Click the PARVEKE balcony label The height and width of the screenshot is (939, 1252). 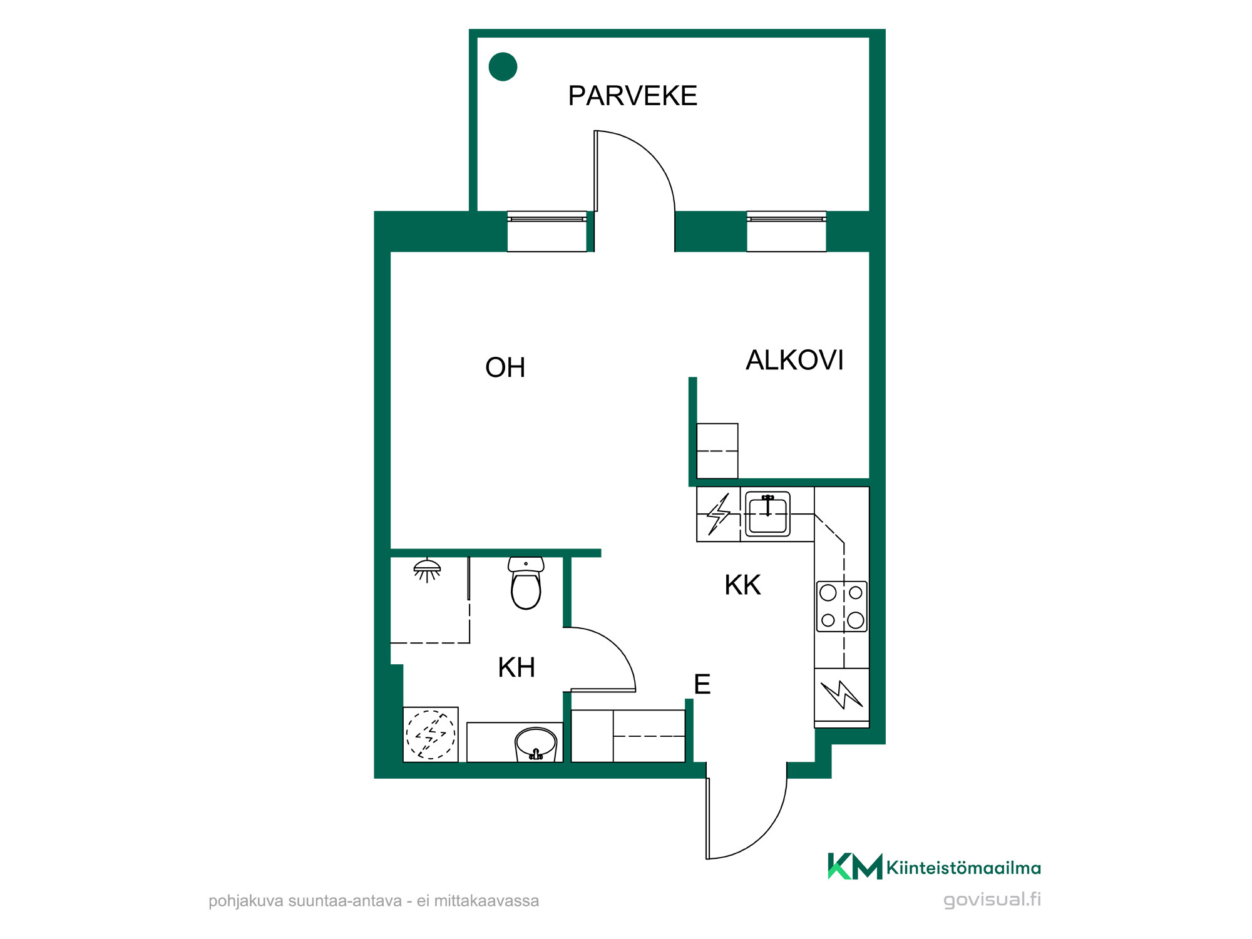632,96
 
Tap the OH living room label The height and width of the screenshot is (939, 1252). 505,367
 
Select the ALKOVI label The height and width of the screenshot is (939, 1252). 794,360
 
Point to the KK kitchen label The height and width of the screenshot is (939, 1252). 742,585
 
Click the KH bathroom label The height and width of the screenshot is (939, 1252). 516,667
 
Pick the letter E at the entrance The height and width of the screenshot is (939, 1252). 702,684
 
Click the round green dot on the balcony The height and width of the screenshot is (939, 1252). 503,66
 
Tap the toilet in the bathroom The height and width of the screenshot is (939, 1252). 526,583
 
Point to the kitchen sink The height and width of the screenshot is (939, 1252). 767,514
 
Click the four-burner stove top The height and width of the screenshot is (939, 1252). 841,607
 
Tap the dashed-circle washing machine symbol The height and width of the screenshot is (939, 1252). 431,734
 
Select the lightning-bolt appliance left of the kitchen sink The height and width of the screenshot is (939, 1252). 719,514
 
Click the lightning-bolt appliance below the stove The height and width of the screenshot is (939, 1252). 842,695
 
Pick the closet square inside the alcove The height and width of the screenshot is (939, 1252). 717,451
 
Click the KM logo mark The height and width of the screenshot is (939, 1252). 855,866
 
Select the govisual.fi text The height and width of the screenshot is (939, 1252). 992,900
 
